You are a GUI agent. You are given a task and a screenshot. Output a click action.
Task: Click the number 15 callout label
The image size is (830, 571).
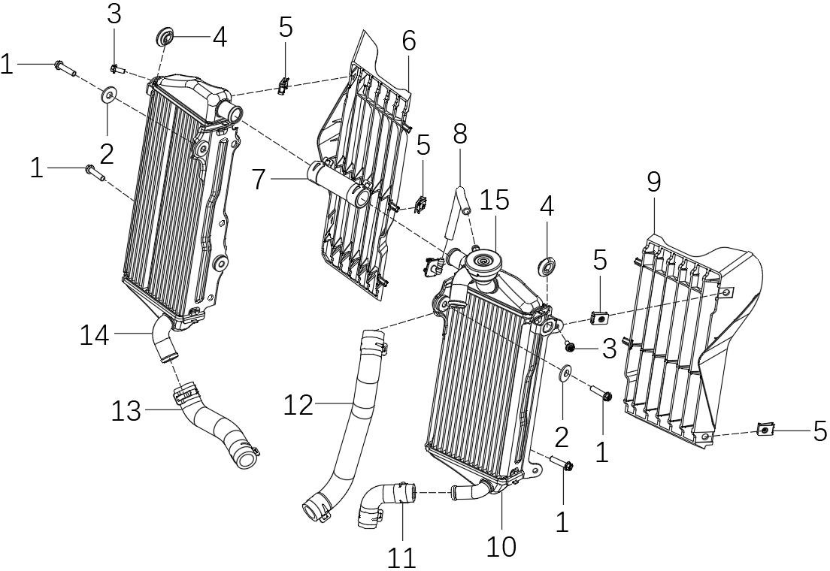pos(495,201)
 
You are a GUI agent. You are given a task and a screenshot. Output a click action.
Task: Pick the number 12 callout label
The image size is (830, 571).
pos(298,405)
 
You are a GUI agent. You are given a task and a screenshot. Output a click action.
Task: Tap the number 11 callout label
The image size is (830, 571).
pos(401,557)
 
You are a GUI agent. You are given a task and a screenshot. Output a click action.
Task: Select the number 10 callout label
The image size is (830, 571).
pos(501,546)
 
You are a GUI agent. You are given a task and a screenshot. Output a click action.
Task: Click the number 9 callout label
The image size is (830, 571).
pos(653,183)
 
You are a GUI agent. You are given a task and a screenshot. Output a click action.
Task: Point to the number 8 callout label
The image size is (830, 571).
pos(460,134)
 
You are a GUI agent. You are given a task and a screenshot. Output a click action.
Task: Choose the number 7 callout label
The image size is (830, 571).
pos(259,180)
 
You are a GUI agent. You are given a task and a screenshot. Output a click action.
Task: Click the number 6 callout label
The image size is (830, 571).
pos(409,41)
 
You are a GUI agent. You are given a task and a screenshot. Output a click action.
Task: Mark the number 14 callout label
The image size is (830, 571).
pos(95,335)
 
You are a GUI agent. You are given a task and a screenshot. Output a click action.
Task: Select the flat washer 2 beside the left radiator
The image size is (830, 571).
pos(110,95)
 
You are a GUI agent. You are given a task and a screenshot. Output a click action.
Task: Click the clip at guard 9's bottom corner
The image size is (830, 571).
pos(764,430)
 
